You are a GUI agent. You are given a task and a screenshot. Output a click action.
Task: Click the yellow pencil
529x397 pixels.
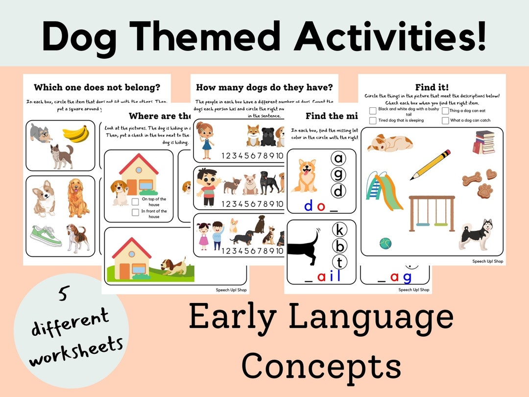[430, 165]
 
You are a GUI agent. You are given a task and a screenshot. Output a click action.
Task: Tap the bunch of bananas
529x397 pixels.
[75, 133]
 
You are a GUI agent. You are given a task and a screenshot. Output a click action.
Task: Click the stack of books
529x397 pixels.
[484, 142]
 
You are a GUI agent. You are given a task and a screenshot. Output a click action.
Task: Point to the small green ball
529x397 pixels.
[385, 243]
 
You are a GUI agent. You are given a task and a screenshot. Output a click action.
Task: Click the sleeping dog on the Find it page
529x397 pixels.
[390, 143]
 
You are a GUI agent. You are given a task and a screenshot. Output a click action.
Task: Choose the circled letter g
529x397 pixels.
[338, 174]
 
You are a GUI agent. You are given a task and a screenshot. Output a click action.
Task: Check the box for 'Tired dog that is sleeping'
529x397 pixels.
[373, 121]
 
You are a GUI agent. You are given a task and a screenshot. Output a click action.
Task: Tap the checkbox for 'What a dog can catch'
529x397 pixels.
[445, 121]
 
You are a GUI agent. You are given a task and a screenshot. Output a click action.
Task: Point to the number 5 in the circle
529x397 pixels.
[63, 295]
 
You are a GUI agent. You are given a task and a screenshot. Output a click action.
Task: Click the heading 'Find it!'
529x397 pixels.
[432, 87]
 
